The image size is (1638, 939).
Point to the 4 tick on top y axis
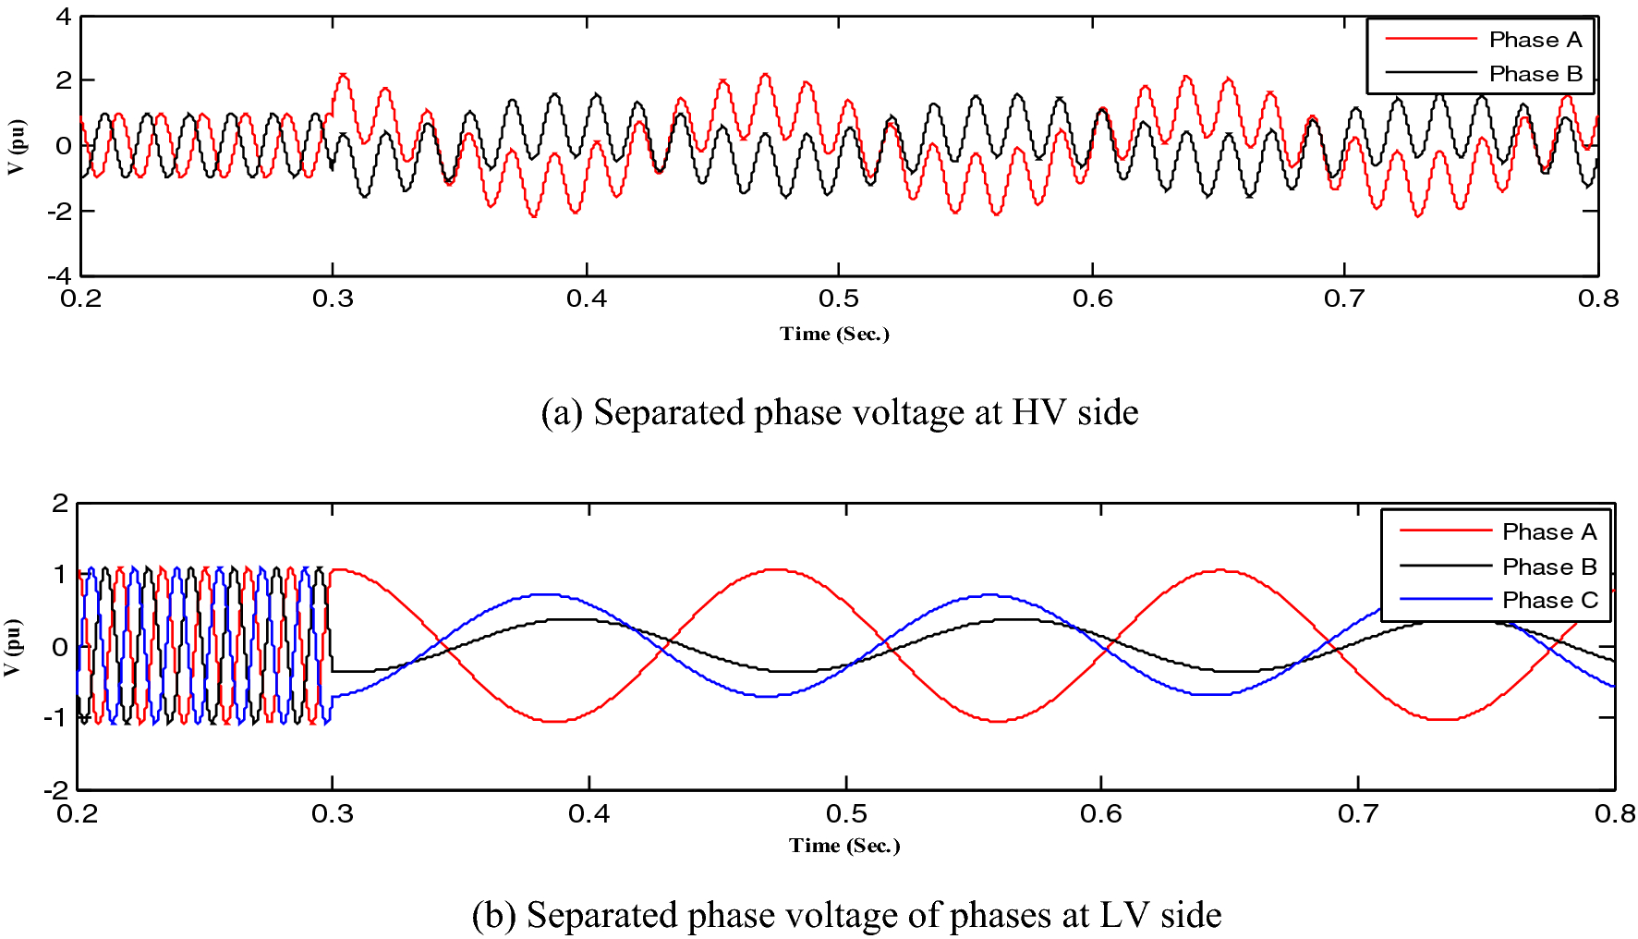[x=63, y=17]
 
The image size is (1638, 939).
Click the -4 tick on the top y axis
[x=59, y=275]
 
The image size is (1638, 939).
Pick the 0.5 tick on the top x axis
[x=839, y=299]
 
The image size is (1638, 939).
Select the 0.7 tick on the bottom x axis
[x=1357, y=813]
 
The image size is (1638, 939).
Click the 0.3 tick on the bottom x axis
[x=333, y=813]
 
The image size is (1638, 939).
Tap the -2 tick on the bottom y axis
[x=56, y=789]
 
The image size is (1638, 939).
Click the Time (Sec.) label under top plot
[x=834, y=334]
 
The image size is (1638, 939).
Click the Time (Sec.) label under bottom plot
[x=844, y=845]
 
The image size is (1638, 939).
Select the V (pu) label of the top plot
[x=17, y=146]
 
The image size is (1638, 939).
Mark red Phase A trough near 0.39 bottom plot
[x=554, y=721]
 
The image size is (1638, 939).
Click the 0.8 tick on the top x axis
[x=1598, y=299]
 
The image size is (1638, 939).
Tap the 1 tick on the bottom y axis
[x=61, y=575]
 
